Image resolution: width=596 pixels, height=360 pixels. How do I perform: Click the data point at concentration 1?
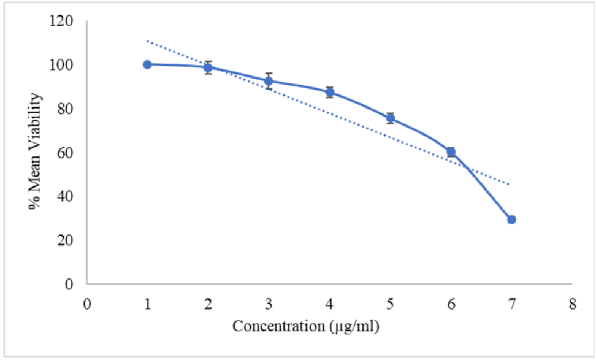[147, 64]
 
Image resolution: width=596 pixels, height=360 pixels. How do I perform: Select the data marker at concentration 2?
[208, 67]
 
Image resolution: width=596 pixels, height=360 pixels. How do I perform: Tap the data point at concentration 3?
[269, 81]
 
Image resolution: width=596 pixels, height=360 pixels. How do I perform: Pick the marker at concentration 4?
[329, 92]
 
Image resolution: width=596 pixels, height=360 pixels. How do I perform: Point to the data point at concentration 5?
[390, 118]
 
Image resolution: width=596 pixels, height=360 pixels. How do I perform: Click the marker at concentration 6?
[451, 151]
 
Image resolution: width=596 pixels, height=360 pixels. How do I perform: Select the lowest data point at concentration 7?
[511, 220]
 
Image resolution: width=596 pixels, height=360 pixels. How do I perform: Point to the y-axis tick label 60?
[66, 153]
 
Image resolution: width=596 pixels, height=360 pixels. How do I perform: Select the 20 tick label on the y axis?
[66, 240]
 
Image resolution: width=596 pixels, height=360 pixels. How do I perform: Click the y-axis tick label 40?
[66, 196]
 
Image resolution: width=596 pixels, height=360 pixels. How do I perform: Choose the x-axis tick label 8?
[572, 304]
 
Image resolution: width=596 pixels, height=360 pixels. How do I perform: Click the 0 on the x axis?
[87, 304]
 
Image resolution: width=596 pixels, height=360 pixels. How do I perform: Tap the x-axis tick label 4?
[329, 304]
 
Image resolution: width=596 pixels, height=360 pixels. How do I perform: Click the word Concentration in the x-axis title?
[277, 326]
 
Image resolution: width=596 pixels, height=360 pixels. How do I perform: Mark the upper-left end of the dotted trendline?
[147, 41]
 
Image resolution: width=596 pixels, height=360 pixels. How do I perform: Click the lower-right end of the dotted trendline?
[510, 183]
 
